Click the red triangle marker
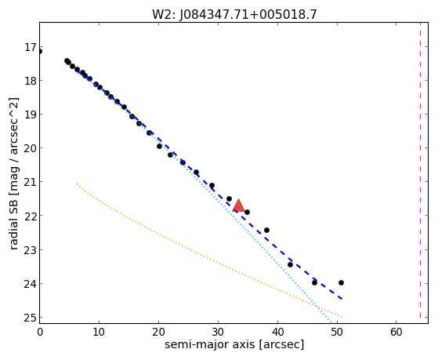tap(238, 205)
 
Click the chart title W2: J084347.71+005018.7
tap(234, 15)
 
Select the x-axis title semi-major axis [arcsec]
tap(234, 344)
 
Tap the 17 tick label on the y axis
tap(30, 47)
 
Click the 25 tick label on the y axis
tap(30, 318)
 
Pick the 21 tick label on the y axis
tap(30, 182)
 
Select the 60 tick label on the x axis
tap(396, 333)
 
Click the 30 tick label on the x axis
tap(218, 333)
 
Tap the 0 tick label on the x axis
tap(40, 333)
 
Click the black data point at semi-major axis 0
tap(40, 52)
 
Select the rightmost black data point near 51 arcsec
tap(341, 283)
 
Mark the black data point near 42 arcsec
tap(290, 264)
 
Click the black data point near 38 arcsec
tap(266, 231)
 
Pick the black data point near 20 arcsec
tap(160, 147)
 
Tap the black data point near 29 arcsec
tap(212, 185)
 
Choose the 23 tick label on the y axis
tap(30, 249)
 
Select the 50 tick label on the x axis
tap(337, 333)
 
